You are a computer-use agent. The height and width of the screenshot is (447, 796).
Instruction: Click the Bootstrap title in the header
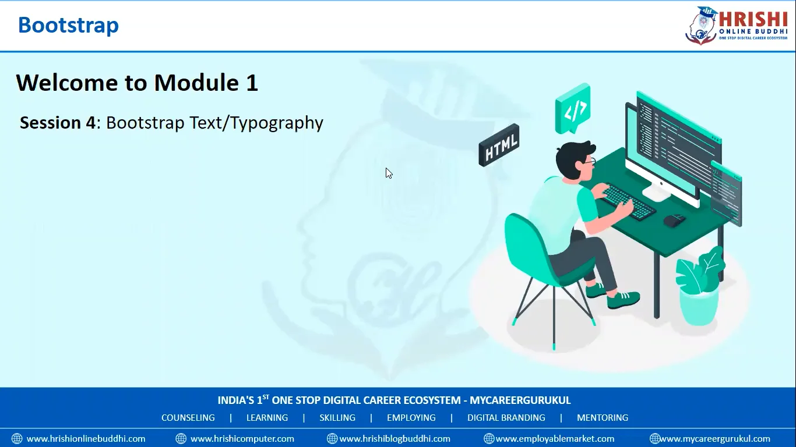(x=68, y=25)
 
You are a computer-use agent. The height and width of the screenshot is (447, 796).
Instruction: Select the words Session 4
(x=57, y=123)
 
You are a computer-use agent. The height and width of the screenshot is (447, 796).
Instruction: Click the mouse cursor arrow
(x=389, y=173)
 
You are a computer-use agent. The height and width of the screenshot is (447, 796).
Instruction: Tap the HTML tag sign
(x=499, y=146)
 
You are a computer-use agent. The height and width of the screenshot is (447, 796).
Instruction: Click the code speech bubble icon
(x=573, y=109)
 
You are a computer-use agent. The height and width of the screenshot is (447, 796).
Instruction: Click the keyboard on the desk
(x=628, y=201)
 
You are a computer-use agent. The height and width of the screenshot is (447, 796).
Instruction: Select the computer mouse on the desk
(x=674, y=220)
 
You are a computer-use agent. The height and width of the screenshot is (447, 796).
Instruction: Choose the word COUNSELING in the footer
(x=188, y=418)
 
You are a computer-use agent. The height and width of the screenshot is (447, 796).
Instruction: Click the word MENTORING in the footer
(x=603, y=418)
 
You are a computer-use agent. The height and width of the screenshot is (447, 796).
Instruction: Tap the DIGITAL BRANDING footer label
(x=506, y=418)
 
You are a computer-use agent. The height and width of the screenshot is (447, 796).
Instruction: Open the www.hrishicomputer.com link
(x=242, y=439)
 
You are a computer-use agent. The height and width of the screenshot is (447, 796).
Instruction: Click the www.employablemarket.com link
(x=555, y=439)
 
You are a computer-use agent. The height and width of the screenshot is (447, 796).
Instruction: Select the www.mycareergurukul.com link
(x=715, y=439)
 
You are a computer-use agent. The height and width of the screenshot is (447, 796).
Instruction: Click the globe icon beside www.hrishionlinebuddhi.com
(x=17, y=439)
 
